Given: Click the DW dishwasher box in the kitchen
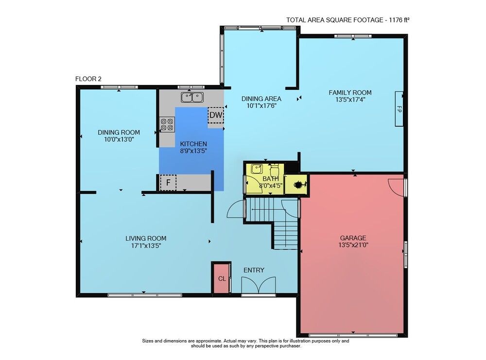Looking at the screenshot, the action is pos(216,115).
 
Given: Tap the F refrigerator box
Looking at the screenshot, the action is pos(168,183).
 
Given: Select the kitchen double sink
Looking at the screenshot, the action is pos(192,97).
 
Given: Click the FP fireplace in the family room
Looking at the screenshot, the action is pos(399,109).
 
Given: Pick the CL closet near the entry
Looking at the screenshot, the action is pos(222,278).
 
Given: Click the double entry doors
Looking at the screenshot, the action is pos(259,285).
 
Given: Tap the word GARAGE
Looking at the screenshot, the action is pos(353,238).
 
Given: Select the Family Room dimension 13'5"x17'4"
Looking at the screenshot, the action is pos(350,100).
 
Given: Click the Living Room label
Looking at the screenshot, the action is pos(146,238).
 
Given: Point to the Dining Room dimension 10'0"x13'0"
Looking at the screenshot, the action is pos(119,139).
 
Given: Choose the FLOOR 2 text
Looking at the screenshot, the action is pos(88,79).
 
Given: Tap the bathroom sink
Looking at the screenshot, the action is pos(257,169).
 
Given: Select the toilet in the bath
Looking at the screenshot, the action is pos(275,170).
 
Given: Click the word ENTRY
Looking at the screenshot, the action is pos(254,270).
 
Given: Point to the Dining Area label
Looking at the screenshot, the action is pos(261,99).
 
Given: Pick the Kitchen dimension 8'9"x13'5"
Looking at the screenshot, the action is pos(193,151).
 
